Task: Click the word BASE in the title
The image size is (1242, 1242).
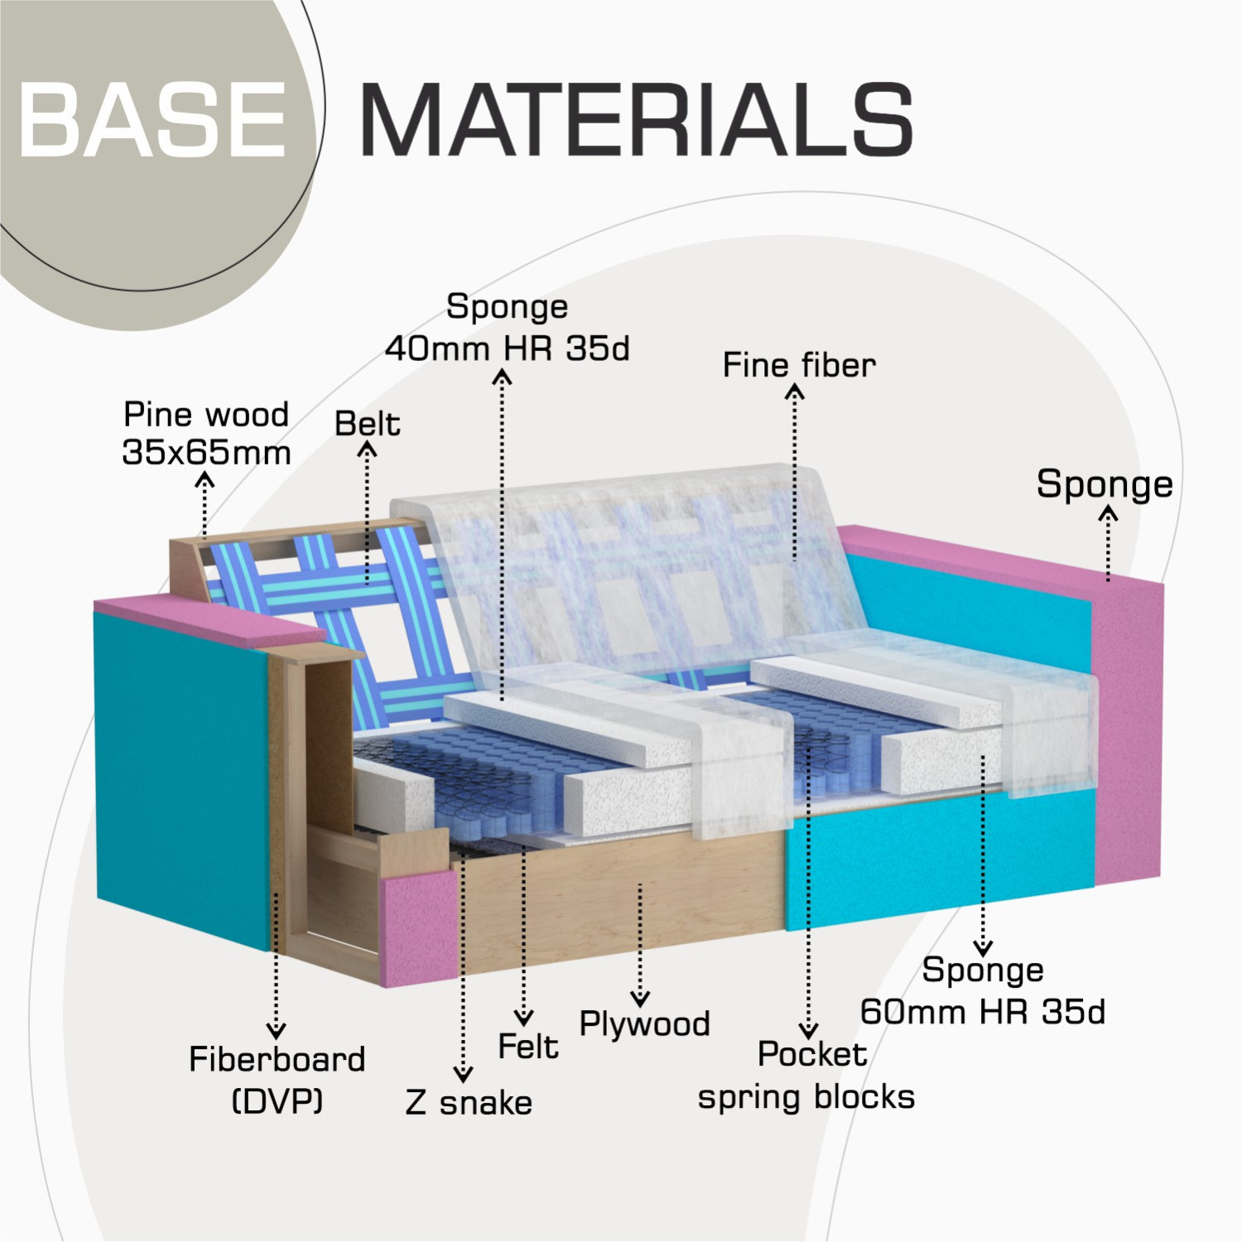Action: pos(152,119)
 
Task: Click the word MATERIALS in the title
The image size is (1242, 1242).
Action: pos(637,119)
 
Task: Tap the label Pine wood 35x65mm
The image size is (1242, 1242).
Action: pos(206,433)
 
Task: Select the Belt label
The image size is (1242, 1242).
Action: pos(367,424)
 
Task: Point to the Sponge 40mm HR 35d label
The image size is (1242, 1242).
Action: pos(507,328)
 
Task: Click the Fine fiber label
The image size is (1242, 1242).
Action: pos(799,365)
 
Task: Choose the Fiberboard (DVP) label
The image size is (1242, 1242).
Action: pos(277,1080)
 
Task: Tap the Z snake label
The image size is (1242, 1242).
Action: pos(469,1103)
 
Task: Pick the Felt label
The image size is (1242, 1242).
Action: pos(528,1047)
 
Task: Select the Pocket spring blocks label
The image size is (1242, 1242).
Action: pos(806,1076)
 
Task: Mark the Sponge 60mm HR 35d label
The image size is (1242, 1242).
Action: pos(983,990)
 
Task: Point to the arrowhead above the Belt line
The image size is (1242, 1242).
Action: pos(367,450)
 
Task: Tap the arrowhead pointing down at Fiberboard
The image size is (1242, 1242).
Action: pos(277,1030)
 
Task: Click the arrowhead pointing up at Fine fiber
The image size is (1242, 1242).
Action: pos(794,392)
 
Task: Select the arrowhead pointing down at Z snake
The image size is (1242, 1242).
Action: pos(464,1074)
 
